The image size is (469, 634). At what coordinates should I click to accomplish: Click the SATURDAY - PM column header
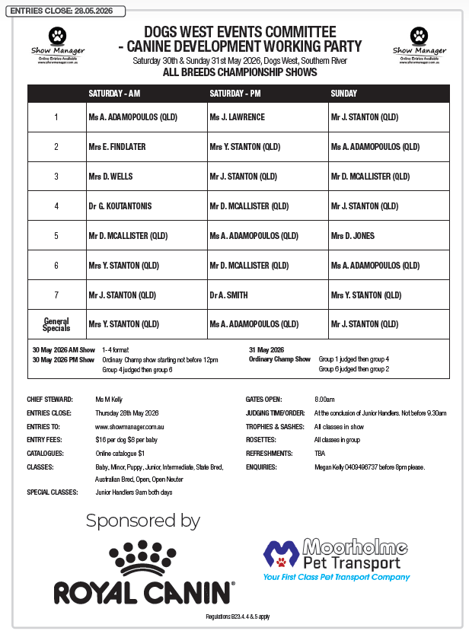pos(235,94)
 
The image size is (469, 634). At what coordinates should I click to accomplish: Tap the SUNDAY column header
pos(343,94)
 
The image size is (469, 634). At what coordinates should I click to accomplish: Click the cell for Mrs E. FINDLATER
pos(116,147)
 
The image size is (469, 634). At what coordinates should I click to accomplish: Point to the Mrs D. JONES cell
pos(353,236)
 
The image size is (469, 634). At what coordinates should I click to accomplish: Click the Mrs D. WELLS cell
pos(110,177)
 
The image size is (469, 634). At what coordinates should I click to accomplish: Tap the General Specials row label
pos(56,324)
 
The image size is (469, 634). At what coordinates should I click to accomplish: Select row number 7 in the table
pos(56,295)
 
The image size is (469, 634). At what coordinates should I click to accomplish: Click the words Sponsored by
pos(142,521)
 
